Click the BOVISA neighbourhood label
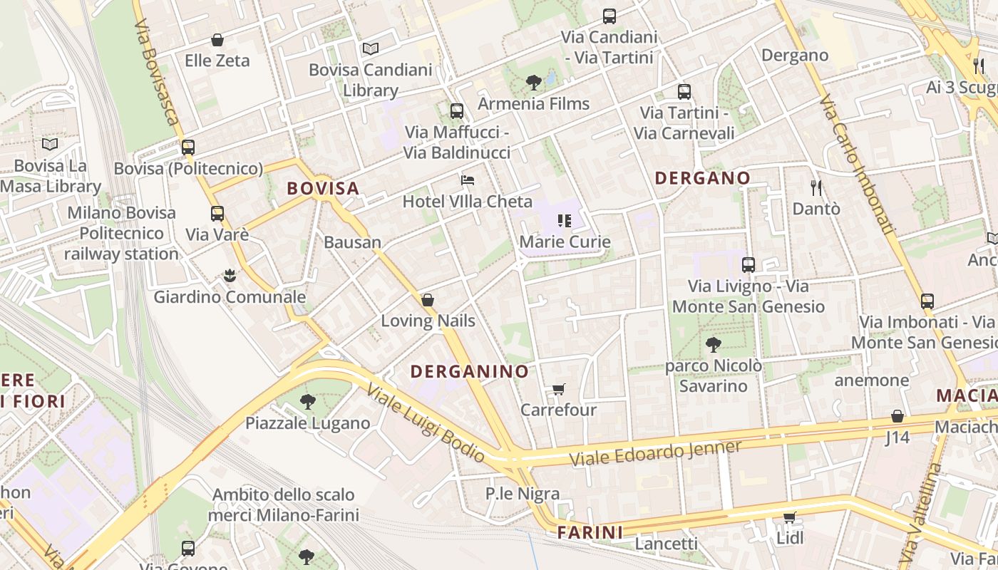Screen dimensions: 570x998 (323, 189)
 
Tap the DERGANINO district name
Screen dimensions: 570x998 (470, 371)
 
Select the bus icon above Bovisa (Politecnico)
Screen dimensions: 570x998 (188, 147)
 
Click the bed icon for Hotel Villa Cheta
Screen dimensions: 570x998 (468, 180)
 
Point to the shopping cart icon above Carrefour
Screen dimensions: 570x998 (559, 390)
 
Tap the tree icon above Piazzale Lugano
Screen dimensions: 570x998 (308, 402)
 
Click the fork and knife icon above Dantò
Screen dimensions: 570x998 (816, 188)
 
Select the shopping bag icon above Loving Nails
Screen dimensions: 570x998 (428, 300)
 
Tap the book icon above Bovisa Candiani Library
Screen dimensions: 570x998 (371, 48)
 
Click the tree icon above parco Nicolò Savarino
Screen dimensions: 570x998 (713, 346)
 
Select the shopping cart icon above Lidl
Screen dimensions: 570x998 (789, 517)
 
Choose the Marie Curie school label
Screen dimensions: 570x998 (565, 242)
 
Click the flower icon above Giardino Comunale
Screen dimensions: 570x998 (230, 276)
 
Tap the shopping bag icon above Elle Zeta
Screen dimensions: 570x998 (217, 40)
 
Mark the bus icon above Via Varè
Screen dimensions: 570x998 (217, 213)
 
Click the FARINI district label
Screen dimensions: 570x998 (590, 532)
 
